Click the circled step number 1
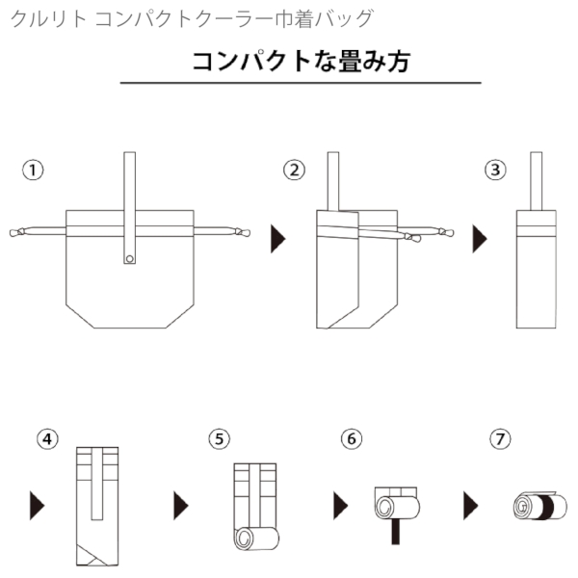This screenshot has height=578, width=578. tap(34, 171)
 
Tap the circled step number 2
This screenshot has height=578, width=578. tap(295, 171)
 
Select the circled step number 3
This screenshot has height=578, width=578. tap(495, 171)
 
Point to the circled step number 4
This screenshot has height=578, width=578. tap(46, 438)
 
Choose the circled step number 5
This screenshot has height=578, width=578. tap(220, 438)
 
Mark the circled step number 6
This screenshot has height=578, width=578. tap(352, 438)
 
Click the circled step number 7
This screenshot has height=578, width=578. tap(499, 438)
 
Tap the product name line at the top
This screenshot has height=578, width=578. tap(193, 18)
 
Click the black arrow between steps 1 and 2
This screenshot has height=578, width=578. tap(277, 238)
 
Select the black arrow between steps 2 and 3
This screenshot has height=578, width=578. tap(479, 238)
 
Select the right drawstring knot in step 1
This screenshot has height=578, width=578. tap(243, 232)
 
